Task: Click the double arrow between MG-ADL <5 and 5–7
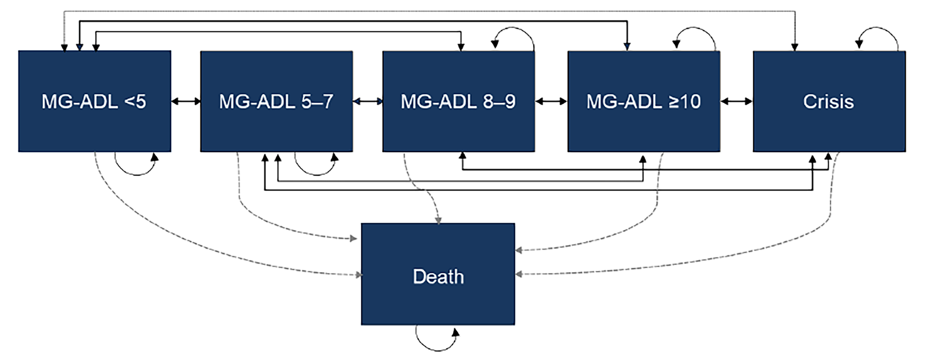point(186,102)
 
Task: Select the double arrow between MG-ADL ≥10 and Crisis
point(736,102)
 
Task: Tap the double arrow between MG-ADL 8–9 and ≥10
point(551,102)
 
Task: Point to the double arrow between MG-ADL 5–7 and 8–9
point(368,102)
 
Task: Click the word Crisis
point(828,102)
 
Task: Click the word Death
point(438,277)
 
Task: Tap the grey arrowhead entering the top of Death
point(438,220)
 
